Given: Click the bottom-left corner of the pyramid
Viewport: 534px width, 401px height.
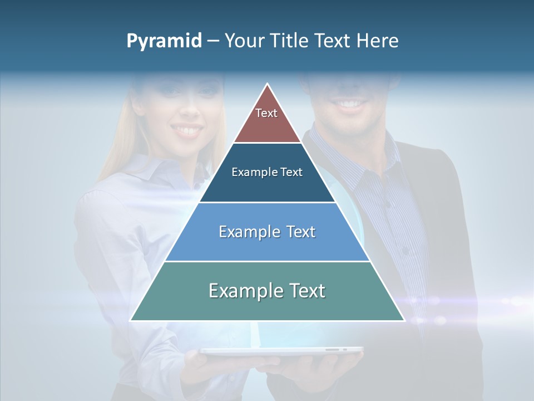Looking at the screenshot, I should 131,320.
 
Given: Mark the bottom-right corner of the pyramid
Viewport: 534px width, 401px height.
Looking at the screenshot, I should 404,320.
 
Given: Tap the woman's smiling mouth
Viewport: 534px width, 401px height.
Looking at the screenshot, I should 187,131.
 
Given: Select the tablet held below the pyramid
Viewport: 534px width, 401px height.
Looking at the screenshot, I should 281,351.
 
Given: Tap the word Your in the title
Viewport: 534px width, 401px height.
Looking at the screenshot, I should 244,41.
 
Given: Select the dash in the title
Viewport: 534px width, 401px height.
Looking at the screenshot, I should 213,41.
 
